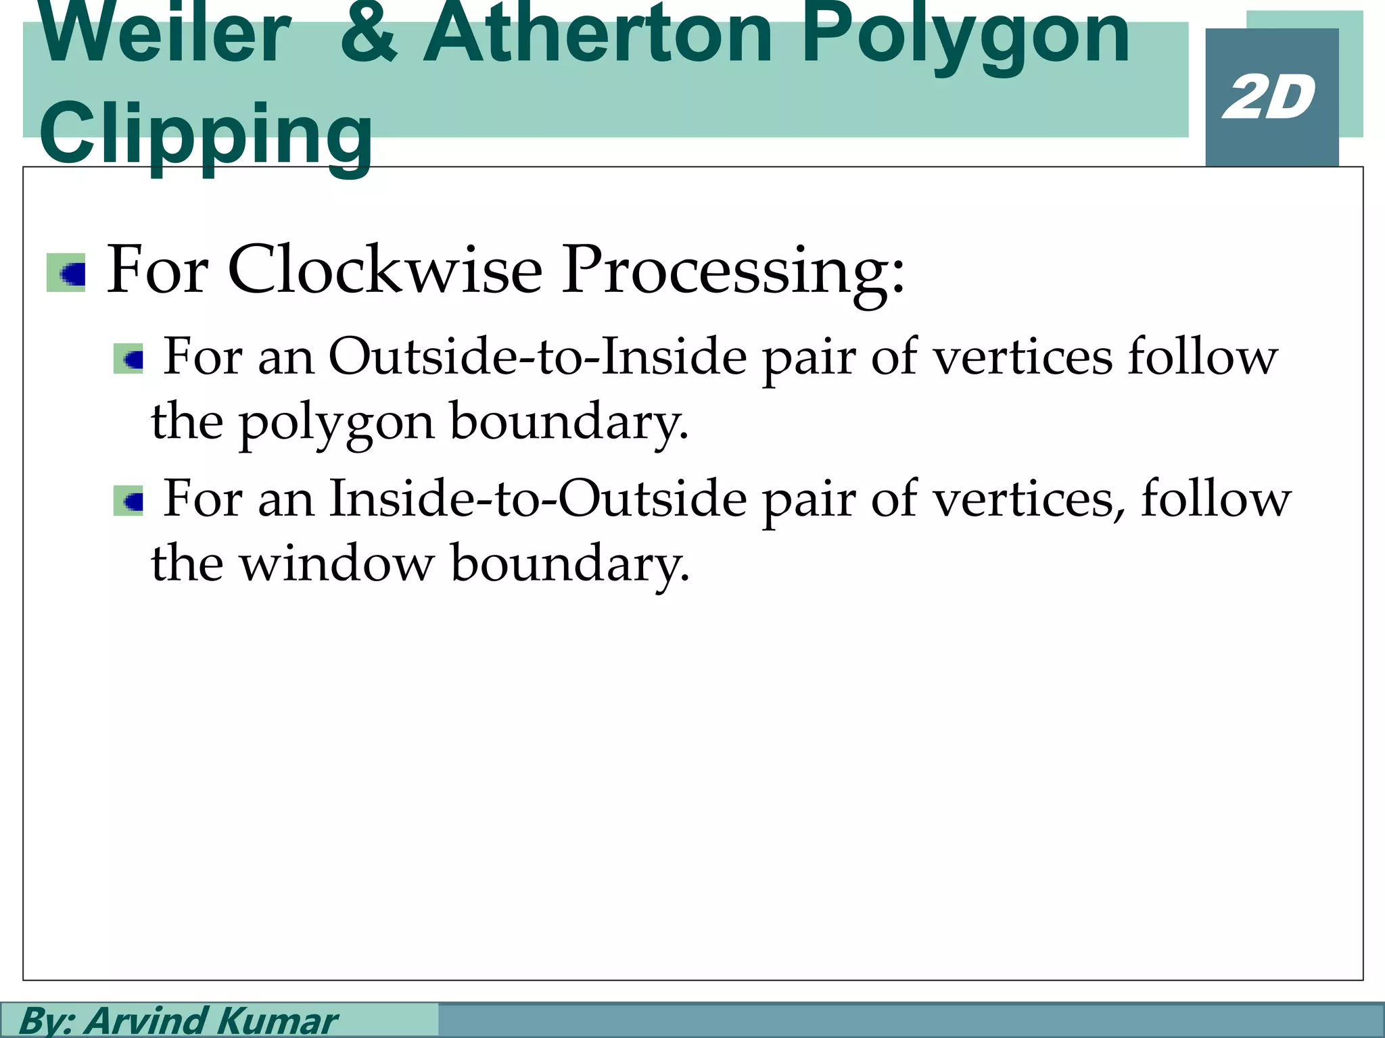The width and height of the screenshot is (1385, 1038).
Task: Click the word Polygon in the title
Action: tap(964, 37)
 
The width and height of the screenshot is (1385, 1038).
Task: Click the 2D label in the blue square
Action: tap(1269, 99)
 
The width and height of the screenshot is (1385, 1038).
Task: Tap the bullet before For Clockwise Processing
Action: tap(66, 273)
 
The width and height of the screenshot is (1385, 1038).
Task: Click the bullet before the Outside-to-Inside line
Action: tap(128, 359)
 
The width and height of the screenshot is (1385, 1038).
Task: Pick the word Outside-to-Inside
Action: tap(538, 357)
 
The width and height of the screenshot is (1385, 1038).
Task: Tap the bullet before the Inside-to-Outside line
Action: tap(128, 501)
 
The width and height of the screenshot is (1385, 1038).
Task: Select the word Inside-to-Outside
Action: tap(538, 499)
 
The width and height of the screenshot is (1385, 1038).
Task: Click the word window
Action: tap(336, 562)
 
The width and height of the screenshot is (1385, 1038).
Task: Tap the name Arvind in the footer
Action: tap(145, 1020)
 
